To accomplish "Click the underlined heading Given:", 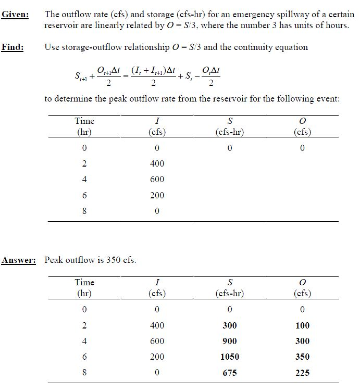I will [15, 15].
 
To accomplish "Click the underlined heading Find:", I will [13, 47].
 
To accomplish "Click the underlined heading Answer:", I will [18, 260].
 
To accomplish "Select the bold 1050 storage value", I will [229, 357].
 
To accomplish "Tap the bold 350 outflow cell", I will [302, 357].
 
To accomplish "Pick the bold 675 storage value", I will [229, 373].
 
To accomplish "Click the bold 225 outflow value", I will [302, 373].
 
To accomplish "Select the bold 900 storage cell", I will [229, 342].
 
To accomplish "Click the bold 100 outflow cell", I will [302, 326].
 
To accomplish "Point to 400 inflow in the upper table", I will [157, 164].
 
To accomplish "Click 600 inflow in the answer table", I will [157, 342].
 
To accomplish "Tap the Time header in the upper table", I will [84, 121].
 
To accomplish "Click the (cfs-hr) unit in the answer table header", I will [229, 294].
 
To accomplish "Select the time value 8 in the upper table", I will [84, 211].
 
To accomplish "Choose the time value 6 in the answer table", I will [84, 357].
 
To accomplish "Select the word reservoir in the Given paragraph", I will [62, 26].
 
